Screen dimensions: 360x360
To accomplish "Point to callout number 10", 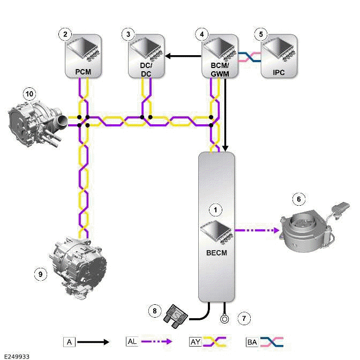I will pos(30,94).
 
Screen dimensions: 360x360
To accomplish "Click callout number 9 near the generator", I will pos(40,274).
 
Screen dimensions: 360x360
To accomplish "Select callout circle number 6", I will pos(299,199).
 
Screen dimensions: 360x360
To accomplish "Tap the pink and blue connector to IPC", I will pos(249,55).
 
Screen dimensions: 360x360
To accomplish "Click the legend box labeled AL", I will pos(132,341).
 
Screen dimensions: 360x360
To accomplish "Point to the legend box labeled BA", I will pos(252,341).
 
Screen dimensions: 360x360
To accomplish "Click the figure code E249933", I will pos(16,355).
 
